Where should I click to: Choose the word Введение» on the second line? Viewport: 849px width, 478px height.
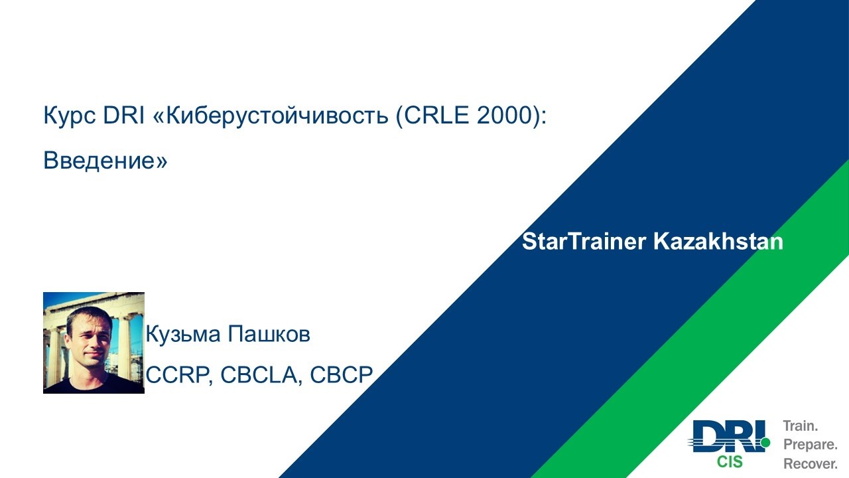tap(105, 161)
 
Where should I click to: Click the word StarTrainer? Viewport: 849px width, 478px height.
tap(584, 242)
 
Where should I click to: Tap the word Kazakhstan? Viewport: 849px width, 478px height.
tap(718, 242)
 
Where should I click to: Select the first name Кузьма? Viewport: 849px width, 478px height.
tap(184, 335)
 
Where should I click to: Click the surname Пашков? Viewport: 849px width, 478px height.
tap(269, 335)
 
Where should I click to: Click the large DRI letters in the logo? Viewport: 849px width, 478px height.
tap(726, 437)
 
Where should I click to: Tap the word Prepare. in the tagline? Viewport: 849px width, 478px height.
tap(811, 445)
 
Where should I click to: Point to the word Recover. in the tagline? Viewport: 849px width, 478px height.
tap(811, 463)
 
